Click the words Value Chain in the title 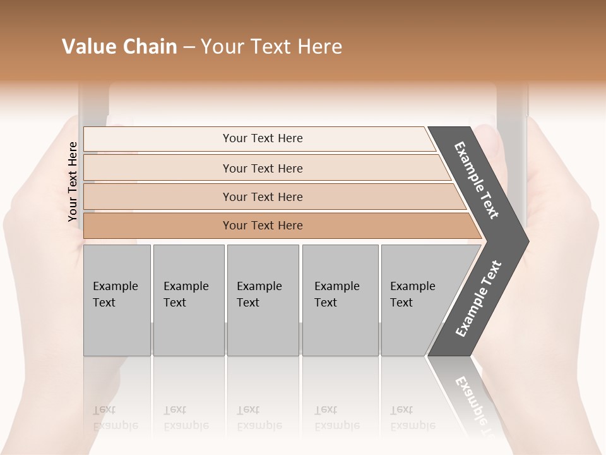[119, 47]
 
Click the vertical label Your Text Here [73, 181]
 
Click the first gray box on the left [117, 300]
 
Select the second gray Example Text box [188, 300]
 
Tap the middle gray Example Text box [263, 300]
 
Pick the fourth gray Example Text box [340, 300]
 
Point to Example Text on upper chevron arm [477, 180]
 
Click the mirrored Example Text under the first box [115, 418]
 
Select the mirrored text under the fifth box [412, 418]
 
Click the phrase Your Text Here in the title [271, 47]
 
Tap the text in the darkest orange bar [263, 226]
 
